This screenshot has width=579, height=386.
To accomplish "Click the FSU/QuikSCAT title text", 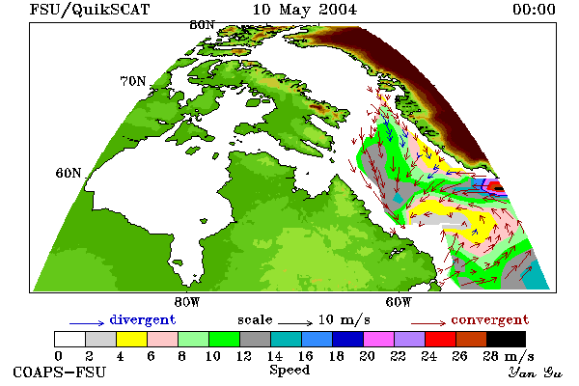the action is pos(90,10).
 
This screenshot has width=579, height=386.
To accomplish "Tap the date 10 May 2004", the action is pos(305,10).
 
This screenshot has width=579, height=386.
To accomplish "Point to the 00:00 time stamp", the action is pos(534,10).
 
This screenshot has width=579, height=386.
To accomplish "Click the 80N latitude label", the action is pos(202,25).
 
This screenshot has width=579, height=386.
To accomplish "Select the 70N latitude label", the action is pos(133,81).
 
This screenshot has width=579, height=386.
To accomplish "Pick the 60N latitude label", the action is pos(69,173).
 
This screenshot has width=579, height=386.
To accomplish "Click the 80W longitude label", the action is pos(187,302).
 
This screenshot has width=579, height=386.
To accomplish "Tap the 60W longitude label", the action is pos(399,302).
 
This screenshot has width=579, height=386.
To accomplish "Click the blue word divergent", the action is pos(143,319).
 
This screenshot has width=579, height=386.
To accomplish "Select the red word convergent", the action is pos(490,319).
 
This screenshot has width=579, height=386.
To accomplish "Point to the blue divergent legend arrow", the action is pos(87,323).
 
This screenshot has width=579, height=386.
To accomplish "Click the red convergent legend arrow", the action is pos(428,323).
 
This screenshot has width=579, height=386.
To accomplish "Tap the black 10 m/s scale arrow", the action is pos(295,323).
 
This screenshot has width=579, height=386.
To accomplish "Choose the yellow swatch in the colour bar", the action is pos(132,339).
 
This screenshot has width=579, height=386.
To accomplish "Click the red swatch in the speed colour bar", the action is pos(441,339).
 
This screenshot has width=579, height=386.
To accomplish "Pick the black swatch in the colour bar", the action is pos(506,339).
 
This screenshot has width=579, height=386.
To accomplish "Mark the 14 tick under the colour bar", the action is pos(274,356).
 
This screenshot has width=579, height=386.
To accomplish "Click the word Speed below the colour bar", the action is pos(289,370).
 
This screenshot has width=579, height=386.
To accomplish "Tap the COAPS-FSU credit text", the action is pos(59,372).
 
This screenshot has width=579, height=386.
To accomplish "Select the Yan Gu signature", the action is pos(535,372).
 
